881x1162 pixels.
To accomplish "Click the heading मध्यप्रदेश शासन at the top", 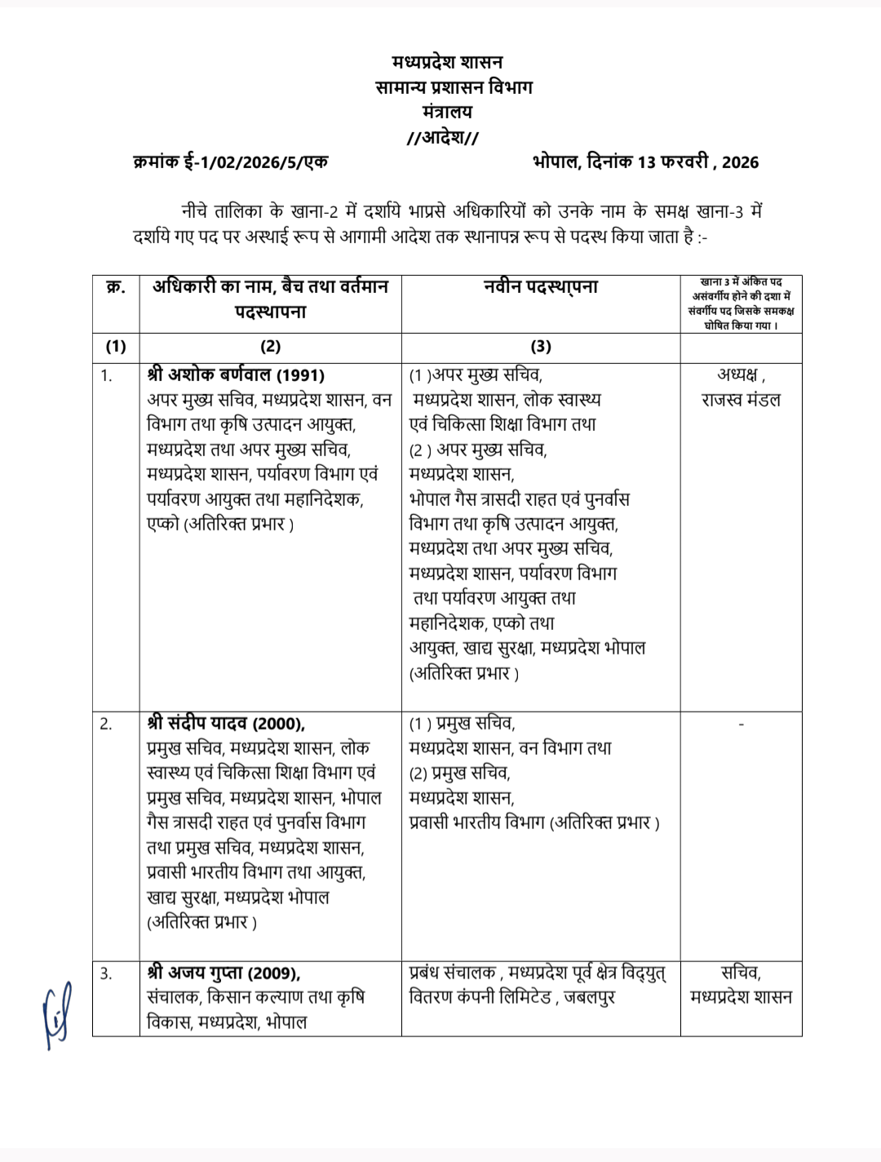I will point(447,62).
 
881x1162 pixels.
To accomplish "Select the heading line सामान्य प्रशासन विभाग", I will point(454,87).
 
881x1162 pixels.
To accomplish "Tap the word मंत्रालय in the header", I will point(447,112).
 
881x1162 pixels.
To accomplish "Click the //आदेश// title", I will point(443,137).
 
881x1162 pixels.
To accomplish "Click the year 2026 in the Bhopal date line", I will point(740,162).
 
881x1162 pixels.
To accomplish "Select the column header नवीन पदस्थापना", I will point(540,287).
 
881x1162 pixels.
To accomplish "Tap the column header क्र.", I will point(116,287).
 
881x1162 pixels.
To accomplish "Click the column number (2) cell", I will point(270,347).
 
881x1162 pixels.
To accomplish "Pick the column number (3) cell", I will point(540,347).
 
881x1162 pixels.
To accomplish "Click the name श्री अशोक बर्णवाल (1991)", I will point(236,375).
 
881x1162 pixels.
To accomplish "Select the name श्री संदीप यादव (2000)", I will point(226,724).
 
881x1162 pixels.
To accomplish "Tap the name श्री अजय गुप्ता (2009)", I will point(224,973).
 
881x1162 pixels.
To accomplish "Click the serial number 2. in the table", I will point(106,724).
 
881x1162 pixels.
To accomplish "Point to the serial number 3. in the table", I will point(106,973).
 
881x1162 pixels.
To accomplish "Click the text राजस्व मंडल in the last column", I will point(741,401).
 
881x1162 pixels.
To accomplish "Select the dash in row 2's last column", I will point(741,724).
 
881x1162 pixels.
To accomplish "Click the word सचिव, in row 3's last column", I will point(741,973).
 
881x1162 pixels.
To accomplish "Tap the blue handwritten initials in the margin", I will point(57,1013).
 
